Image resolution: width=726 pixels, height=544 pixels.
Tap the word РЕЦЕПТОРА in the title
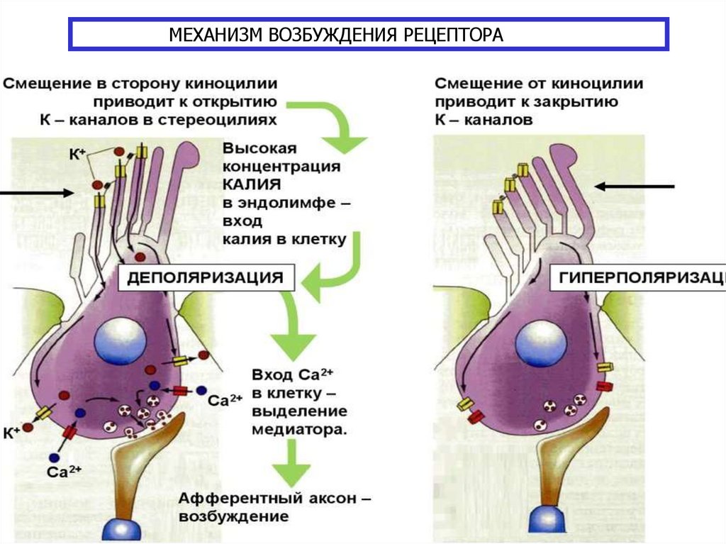pyautogui.click(x=447, y=35)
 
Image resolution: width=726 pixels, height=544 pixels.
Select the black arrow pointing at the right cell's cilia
pyautogui.click(x=634, y=187)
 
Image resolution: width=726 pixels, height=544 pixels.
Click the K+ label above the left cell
pyautogui.click(x=77, y=152)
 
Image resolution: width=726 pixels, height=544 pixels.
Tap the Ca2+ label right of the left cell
pyautogui.click(x=225, y=399)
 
